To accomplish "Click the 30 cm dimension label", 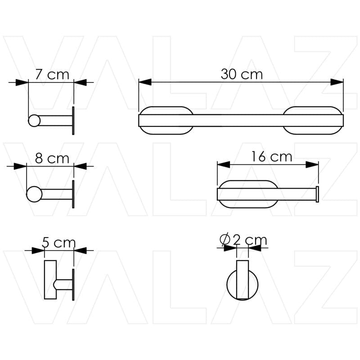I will coord(241,74).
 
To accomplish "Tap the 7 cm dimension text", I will coord(52,74).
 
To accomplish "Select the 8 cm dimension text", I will coord(52,158).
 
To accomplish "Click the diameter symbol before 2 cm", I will coord(226,240).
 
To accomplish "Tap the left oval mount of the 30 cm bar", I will coord(166,120).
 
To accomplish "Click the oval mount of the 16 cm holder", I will coord(247,194).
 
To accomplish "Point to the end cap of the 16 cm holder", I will coord(318,194).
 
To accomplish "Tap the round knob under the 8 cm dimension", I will coord(34,194).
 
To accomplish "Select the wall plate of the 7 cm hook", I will coord(73,121).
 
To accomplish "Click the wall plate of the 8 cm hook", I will coord(73,194).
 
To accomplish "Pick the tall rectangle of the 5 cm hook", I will coord(49,279).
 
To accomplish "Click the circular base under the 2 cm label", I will coord(243,284).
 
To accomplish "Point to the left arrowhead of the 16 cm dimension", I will coord(223,165).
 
